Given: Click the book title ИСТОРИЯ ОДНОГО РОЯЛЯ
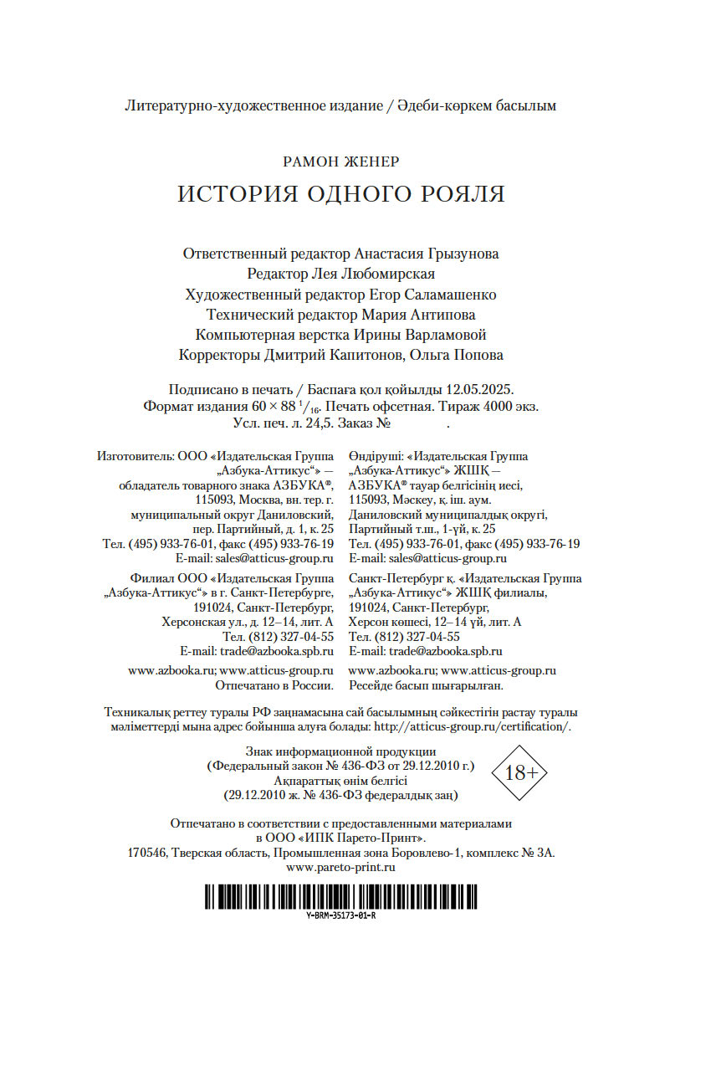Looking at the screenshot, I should [x=341, y=194].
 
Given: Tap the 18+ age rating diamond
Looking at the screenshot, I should [x=520, y=772].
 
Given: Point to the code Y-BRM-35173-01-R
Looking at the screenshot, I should [x=341, y=915].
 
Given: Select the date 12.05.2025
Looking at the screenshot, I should [x=480, y=390].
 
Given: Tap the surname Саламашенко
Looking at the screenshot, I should [x=450, y=295].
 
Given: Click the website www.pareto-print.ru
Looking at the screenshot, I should [x=340, y=868].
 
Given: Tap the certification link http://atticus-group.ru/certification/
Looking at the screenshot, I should [x=473, y=726].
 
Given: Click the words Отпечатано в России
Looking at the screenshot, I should [x=275, y=685].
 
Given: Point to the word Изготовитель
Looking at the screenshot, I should [x=134, y=456].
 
